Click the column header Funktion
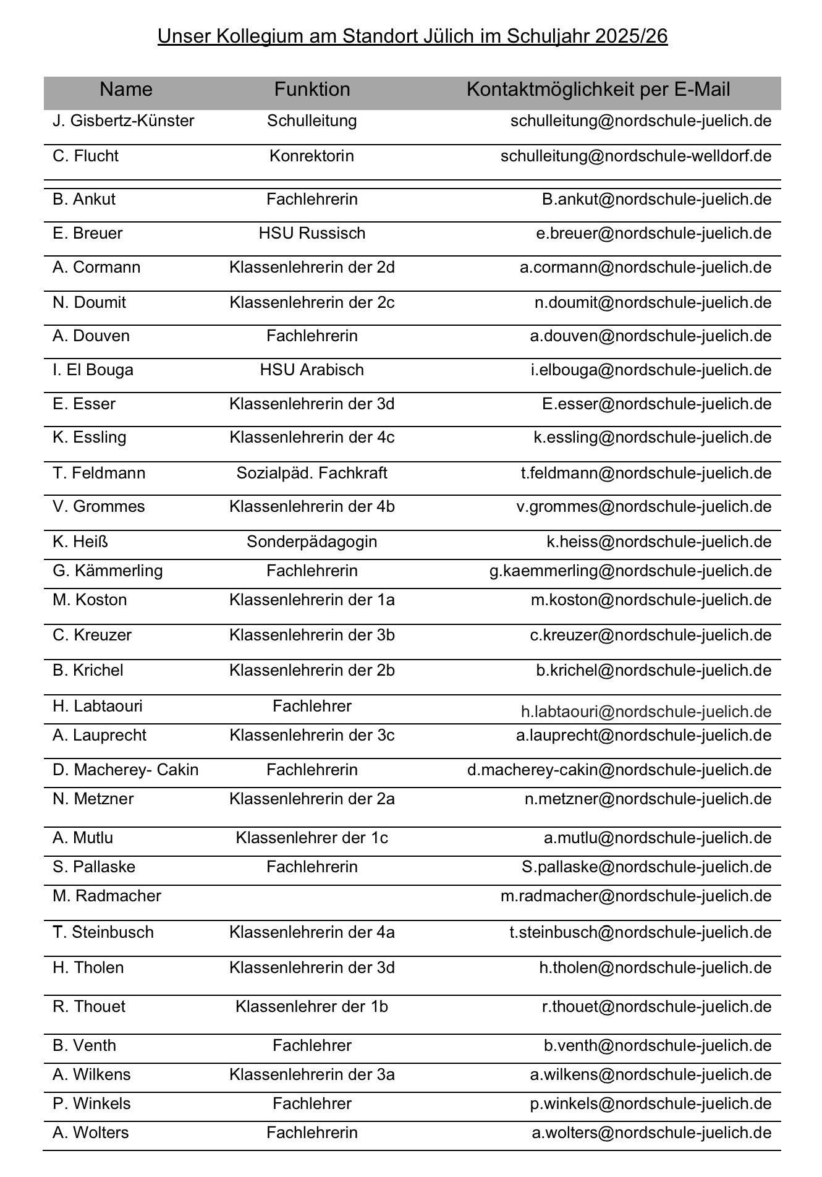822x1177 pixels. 312,90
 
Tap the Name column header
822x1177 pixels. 125,90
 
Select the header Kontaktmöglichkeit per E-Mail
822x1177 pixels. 598,90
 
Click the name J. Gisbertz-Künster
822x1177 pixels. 124,121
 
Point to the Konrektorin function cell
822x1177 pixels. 311,156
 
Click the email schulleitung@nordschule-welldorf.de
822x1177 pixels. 636,156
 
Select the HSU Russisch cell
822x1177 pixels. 311,234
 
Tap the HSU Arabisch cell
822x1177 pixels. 311,370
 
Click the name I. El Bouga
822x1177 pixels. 93,370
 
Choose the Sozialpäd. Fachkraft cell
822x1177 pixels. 311,474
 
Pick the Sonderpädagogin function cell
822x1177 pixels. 311,542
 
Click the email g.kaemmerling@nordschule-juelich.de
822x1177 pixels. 630,571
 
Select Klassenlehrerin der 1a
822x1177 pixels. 311,600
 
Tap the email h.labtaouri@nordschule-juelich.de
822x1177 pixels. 646,712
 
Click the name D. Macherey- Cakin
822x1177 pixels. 126,770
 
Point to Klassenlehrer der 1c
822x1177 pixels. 311,838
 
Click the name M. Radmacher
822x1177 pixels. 107,896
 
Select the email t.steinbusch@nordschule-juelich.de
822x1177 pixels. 640,933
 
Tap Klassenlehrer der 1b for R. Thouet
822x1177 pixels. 311,1007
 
